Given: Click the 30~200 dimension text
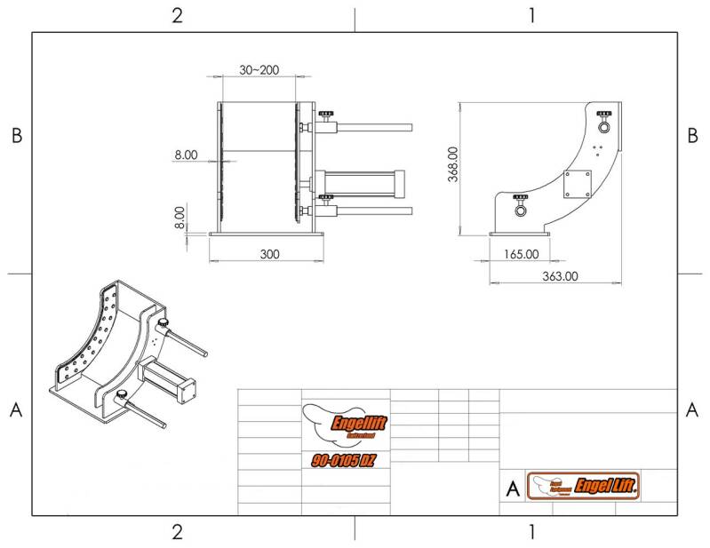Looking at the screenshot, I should (259, 70).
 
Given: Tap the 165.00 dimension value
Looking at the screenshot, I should (521, 254).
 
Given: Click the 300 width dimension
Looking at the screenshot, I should (270, 254).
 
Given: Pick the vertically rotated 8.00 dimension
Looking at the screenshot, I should (180, 218).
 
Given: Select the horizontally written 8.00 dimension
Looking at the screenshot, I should (186, 155).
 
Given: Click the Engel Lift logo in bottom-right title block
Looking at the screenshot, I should (585, 486).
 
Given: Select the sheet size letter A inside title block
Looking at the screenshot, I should (512, 488).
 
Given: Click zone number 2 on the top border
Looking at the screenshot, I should (178, 15).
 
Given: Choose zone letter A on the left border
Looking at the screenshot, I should (15, 409).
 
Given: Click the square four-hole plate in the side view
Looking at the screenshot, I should (578, 184).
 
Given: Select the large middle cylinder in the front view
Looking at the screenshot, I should (360, 184).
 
